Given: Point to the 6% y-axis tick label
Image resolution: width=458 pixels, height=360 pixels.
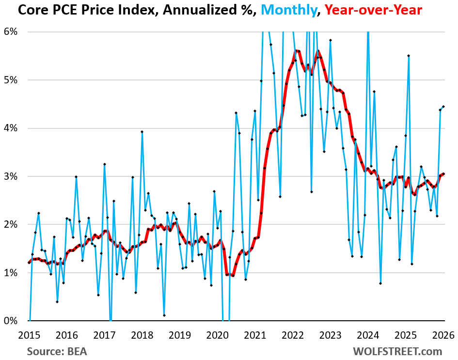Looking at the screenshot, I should tap(10, 31).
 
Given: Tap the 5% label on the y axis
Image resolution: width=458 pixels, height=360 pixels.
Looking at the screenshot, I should tap(10, 80).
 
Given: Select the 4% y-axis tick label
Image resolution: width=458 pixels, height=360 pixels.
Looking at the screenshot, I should tap(10, 128).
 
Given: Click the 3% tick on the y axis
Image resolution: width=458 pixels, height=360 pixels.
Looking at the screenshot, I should tap(10, 176).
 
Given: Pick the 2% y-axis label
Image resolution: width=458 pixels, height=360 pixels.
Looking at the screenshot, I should tap(10, 224).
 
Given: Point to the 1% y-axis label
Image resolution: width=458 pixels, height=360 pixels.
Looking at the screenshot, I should tap(10, 273).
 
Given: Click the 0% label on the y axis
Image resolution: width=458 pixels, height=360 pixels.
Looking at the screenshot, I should tap(10, 321).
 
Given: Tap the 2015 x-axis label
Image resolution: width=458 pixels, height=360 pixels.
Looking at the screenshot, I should tap(29, 334).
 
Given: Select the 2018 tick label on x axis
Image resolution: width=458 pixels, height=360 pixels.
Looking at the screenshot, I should tap(142, 334).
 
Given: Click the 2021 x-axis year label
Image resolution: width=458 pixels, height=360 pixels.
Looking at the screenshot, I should tap(255, 334).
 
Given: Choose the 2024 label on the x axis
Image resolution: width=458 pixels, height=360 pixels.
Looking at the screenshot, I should tap(368, 334).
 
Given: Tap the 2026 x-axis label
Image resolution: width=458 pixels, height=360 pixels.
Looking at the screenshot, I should tap(442, 334).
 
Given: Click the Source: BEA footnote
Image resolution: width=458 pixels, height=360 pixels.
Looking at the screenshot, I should tap(57, 350).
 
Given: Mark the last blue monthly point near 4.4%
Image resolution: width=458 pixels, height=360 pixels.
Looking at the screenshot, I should tap(443, 107).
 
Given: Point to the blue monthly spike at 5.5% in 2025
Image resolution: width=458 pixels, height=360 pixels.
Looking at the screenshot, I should tap(409, 56).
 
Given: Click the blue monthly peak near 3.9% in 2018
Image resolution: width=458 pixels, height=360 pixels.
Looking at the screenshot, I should tap(142, 131).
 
